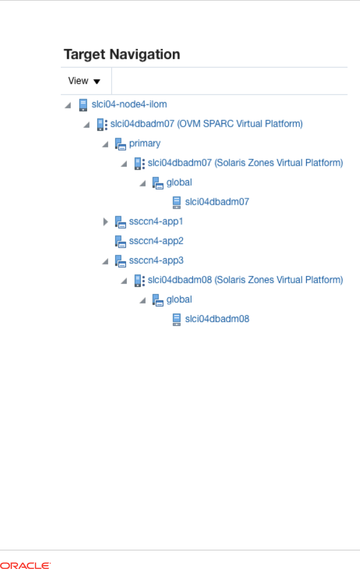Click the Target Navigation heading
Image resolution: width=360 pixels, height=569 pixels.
(x=122, y=55)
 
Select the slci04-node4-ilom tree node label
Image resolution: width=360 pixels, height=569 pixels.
(x=129, y=104)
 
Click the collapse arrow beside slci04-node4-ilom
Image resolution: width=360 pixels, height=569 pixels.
(x=68, y=105)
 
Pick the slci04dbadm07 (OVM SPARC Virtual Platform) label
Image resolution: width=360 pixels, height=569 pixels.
(x=206, y=124)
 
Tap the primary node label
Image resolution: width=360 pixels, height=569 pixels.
(x=145, y=143)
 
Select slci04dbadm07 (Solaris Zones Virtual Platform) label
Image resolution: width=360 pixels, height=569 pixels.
(x=245, y=163)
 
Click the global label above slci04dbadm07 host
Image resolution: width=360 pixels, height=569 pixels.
(x=179, y=182)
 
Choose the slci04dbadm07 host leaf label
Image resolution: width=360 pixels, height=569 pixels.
(x=217, y=202)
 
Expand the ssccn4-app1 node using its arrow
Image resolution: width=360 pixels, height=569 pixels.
(x=106, y=222)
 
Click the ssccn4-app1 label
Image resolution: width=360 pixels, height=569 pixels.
(x=156, y=221)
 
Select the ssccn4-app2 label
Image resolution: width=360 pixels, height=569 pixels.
(x=156, y=241)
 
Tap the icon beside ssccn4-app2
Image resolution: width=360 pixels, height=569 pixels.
(x=120, y=242)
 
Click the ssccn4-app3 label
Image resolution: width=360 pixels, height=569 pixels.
(x=156, y=260)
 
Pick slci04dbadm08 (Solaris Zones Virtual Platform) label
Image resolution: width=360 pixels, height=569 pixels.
(x=245, y=280)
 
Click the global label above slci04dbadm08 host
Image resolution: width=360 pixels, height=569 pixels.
(x=179, y=299)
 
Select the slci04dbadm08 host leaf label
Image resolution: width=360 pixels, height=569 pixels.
(x=217, y=319)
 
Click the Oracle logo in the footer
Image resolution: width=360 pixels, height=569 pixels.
(x=25, y=565)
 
